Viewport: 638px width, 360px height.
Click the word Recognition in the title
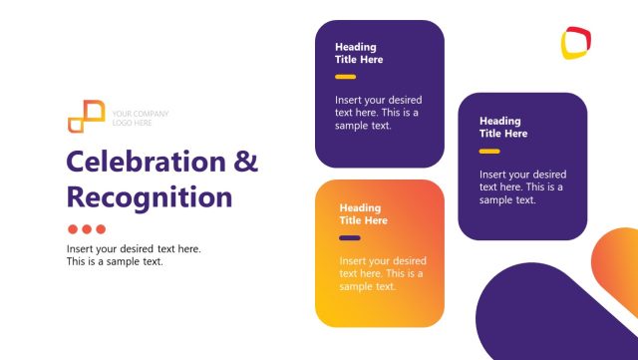[149, 195]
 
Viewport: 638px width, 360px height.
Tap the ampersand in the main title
[245, 163]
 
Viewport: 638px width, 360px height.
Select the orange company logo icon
[86, 116]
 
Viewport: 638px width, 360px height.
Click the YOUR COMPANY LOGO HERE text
[140, 119]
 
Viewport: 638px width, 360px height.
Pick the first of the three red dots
[73, 228]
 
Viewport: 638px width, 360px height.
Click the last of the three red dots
[100, 228]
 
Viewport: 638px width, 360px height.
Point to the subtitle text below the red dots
[134, 255]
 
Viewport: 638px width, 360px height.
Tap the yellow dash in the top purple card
[345, 77]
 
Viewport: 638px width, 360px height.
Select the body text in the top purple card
[378, 113]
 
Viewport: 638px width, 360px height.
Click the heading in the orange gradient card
[363, 213]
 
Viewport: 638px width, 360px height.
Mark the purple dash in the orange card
[349, 238]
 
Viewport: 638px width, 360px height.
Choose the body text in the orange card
[382, 273]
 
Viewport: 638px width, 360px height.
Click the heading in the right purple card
[502, 127]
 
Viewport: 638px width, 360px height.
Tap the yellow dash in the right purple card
[489, 152]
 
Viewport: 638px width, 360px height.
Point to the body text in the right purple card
[522, 186]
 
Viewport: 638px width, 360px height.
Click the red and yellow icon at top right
[576, 42]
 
